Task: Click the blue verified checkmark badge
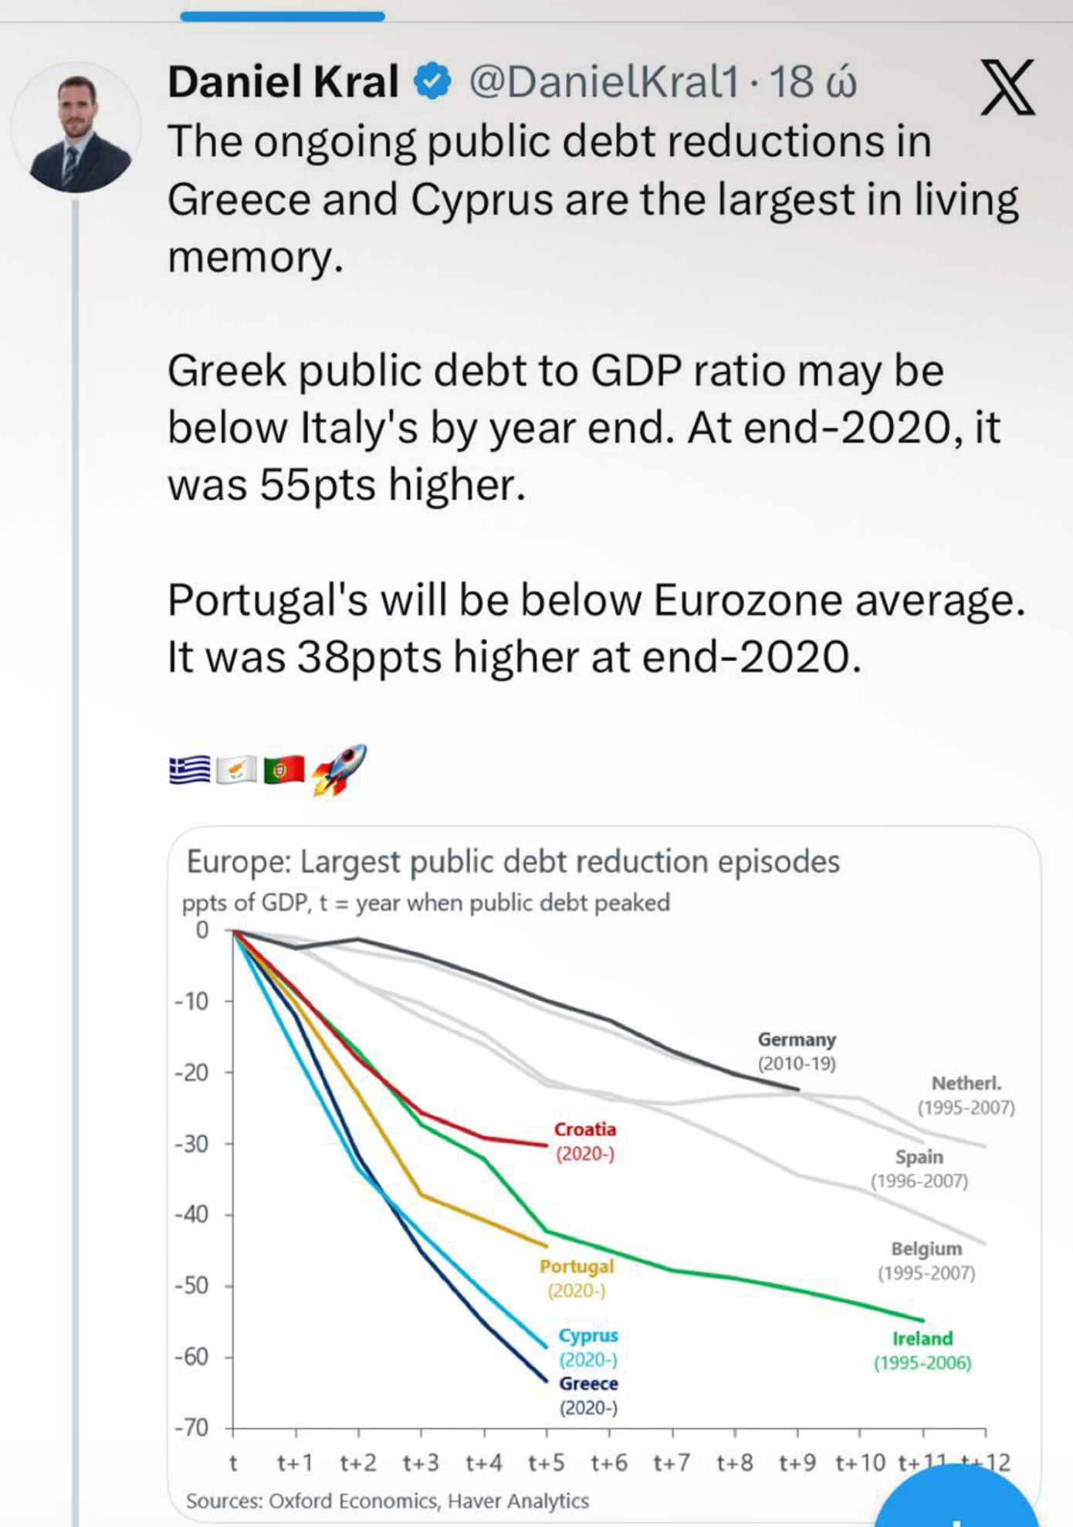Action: pos(432,82)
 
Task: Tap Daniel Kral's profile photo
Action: pos(77,129)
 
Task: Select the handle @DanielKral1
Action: pos(604,82)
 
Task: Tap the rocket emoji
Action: pos(340,769)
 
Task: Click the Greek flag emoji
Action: pos(189,770)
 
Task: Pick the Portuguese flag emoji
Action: pos(283,770)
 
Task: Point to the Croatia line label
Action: pos(585,1130)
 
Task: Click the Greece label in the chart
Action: pos(588,1383)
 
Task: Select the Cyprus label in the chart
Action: pos(588,1335)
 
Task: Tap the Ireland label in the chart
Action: pos(922,1339)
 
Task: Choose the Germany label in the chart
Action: pos(797,1040)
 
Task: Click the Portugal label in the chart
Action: pos(577,1267)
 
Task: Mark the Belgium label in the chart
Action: pos(926,1249)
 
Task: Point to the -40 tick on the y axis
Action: pos(191,1215)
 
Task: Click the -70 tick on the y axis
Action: pos(191,1428)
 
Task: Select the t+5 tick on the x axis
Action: pos(547,1463)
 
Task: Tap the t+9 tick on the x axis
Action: pos(797,1463)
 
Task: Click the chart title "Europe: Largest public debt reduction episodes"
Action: pos(513,861)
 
